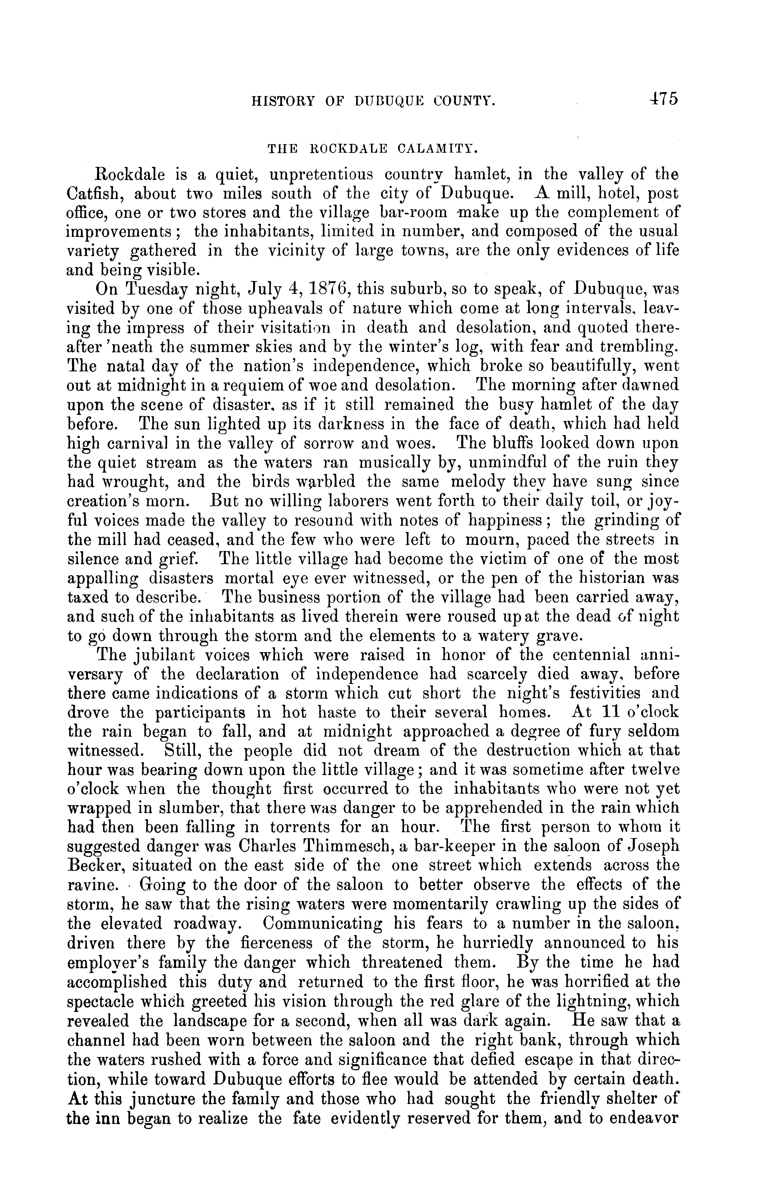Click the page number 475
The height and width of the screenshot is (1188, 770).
tap(664, 99)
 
